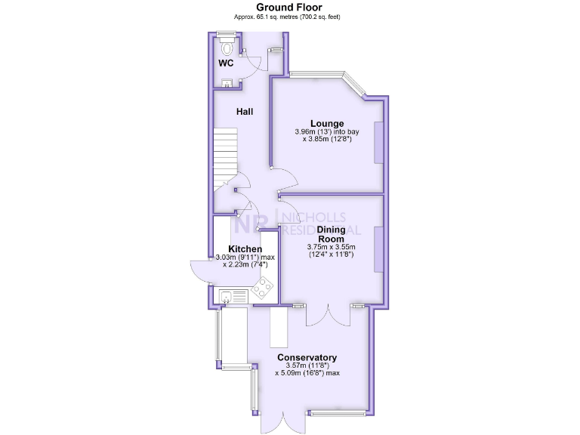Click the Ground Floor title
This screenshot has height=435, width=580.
[x=289, y=7]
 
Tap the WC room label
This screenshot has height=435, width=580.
[x=226, y=63]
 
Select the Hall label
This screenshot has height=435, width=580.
[x=245, y=112]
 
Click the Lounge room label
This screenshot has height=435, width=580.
[x=327, y=123]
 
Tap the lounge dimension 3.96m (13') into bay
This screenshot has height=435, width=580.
[x=327, y=132]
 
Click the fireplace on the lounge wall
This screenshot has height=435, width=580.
[x=379, y=141]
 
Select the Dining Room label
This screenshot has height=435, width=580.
[x=330, y=234]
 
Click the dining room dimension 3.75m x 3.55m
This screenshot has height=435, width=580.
[x=330, y=246]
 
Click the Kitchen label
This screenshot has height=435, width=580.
[x=245, y=249]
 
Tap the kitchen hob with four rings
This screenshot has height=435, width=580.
[x=263, y=288]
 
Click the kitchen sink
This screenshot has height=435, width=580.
[x=226, y=297]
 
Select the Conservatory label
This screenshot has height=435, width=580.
[x=307, y=357]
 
